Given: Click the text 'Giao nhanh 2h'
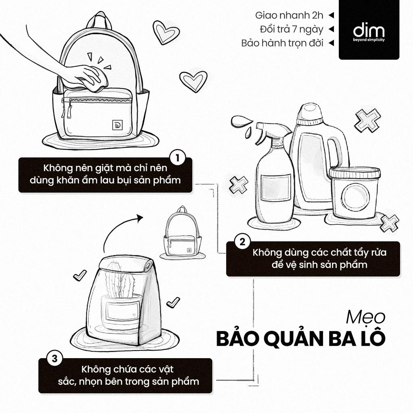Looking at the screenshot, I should pos(289,15).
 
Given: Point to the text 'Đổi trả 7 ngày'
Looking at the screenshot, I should pos(292,29).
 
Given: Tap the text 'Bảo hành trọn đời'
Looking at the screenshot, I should pos(282,43).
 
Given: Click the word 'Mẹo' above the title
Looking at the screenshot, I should pos(367,317).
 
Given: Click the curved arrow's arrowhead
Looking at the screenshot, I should pos(140,218).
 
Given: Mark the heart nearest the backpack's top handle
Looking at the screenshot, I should pos(165,31).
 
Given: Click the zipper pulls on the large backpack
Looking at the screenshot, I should pos(67,109).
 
